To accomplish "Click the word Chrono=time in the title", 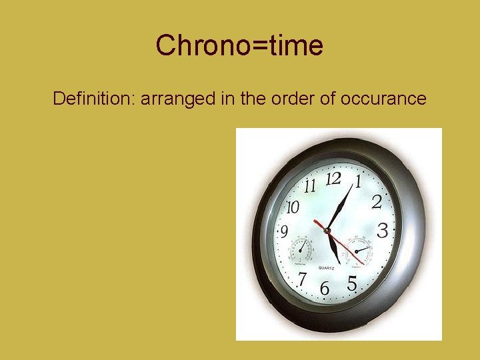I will click(239, 46).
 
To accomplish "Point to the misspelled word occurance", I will click(383, 99).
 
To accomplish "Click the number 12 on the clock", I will click(333, 178).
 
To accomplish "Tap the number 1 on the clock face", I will click(358, 181).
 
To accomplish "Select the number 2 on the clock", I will click(376, 201).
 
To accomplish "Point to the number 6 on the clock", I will click(325, 289).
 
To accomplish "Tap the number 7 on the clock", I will click(303, 278).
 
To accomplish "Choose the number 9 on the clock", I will click(284, 233).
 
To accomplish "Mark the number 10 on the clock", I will click(293, 207).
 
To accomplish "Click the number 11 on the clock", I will click(309, 186).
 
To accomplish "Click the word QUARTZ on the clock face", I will click(326, 268).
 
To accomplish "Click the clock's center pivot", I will click(327, 231).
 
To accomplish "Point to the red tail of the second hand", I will click(318, 223).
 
